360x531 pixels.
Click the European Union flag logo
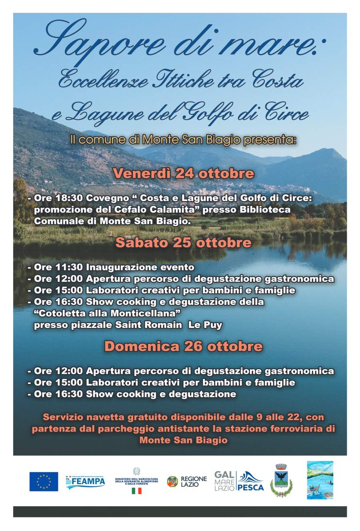43,481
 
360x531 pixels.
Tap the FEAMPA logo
85,481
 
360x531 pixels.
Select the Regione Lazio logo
187,481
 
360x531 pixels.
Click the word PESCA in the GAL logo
250,487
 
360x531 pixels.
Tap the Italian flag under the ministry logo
136,491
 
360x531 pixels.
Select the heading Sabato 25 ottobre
184,243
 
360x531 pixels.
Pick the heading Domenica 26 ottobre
184,346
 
